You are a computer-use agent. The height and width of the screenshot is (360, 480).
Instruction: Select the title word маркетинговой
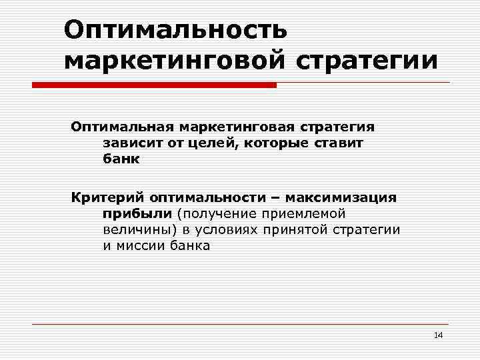point(172,61)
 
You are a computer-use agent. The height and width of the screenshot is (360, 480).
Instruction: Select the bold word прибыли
point(137,214)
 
